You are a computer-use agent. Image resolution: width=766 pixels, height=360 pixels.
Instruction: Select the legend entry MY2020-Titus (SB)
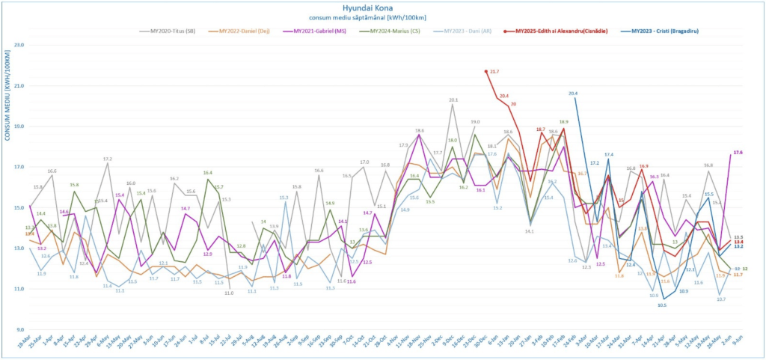[171, 31]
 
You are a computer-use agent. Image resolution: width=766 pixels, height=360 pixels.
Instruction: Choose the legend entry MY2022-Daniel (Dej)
[243, 31]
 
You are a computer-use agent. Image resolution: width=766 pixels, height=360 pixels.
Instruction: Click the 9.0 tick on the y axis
[19, 329]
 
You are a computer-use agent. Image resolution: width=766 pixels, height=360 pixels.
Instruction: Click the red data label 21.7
[494, 71]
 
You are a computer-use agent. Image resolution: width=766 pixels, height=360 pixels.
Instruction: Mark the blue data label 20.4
[573, 94]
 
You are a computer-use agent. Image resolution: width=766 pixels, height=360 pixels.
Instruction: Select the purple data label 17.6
[738, 152]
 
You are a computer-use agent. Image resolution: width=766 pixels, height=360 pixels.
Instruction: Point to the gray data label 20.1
[453, 100]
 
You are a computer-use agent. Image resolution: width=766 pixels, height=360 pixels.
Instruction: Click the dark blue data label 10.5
[662, 305]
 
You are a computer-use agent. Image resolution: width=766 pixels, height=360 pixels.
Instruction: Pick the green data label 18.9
[563, 121]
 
